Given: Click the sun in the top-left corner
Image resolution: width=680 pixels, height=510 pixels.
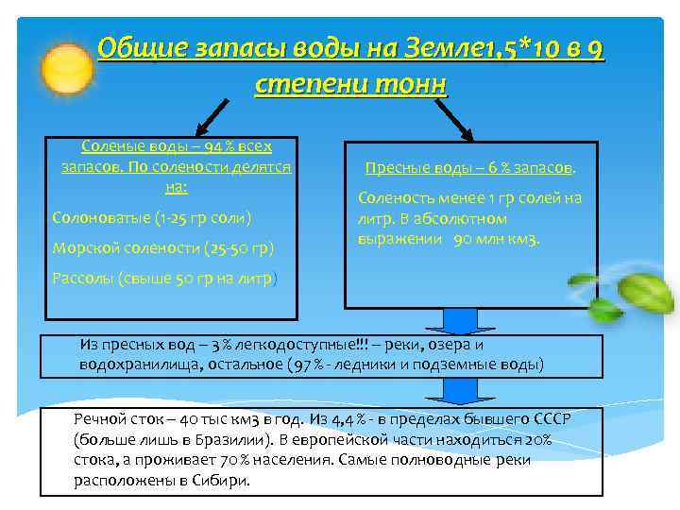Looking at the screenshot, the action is point(42,57).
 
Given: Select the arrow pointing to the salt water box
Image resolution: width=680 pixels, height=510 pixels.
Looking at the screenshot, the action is point(212,115).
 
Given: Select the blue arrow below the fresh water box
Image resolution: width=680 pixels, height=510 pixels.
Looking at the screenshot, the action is point(463,321).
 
